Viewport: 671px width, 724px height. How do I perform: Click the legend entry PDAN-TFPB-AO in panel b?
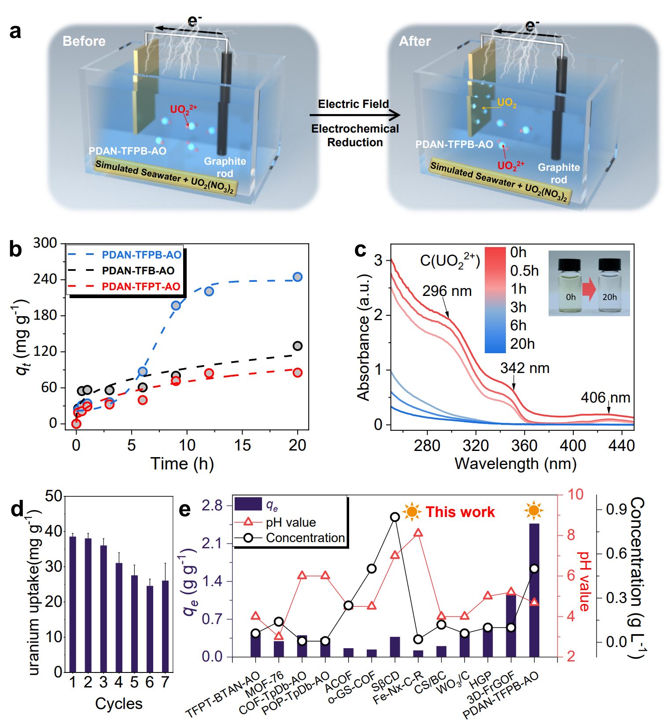coord(141,255)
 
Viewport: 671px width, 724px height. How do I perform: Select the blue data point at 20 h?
coord(298,277)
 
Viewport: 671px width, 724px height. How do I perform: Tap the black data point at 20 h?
coord(298,346)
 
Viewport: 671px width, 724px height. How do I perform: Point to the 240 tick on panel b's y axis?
coord(45,279)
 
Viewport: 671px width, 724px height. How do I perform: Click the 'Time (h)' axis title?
coord(182,464)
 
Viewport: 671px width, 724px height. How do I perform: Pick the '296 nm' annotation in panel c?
coord(446,291)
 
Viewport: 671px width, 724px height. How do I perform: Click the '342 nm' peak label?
coord(524,368)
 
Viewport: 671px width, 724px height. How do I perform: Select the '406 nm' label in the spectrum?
coord(605,398)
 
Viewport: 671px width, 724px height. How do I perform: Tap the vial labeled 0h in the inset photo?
coord(571,286)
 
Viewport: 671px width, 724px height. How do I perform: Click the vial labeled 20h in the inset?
coord(610,286)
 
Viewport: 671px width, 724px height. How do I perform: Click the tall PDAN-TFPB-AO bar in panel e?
coord(534,590)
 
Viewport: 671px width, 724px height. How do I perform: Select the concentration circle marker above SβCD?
coord(395,517)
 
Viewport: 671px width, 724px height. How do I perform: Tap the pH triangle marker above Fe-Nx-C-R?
coord(418,533)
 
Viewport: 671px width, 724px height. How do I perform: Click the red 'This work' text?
coord(460,512)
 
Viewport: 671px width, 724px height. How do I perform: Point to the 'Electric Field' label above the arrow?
coord(354,104)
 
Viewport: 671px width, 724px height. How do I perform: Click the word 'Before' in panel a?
coord(84,41)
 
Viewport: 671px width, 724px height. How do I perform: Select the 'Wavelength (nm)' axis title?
coord(515,464)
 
